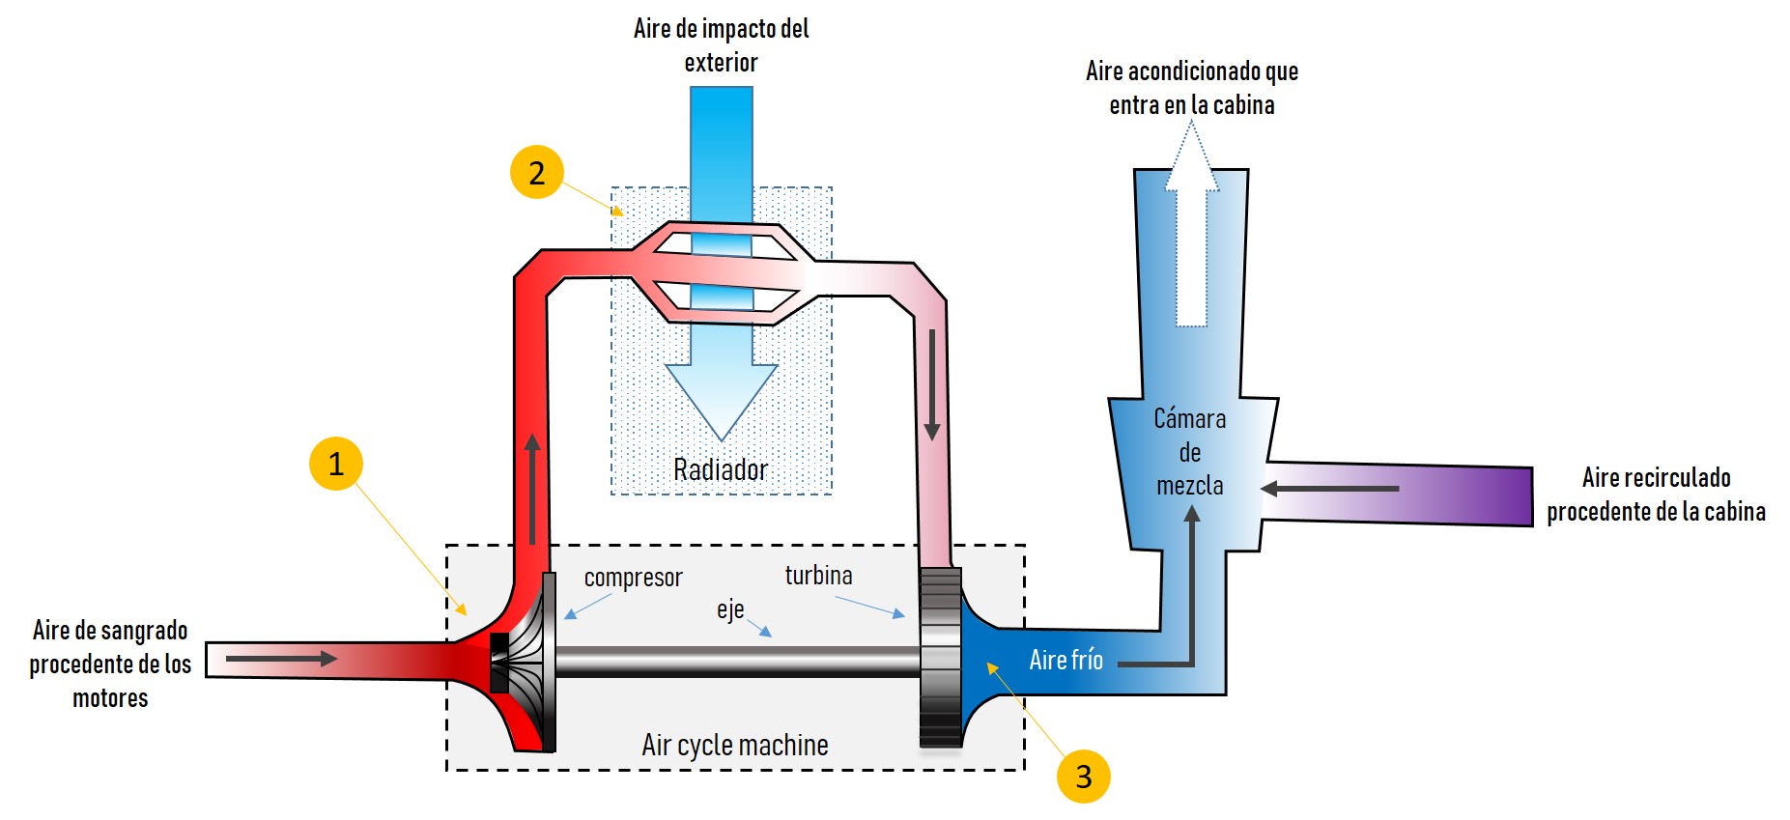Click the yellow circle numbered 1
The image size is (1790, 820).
(x=336, y=464)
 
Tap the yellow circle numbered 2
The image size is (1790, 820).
(x=537, y=172)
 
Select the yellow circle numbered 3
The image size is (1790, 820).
(x=1084, y=776)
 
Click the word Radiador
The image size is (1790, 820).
(x=721, y=470)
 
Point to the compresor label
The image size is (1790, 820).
(x=633, y=578)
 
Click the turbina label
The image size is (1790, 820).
(x=819, y=576)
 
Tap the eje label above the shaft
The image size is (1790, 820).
(x=730, y=609)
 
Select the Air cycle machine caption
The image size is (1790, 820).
(x=735, y=745)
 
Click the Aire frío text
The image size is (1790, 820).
(x=1065, y=660)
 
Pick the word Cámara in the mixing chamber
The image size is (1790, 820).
(x=1190, y=418)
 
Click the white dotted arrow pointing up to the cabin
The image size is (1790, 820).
(x=1192, y=224)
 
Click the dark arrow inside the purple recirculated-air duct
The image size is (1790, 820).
(x=1329, y=489)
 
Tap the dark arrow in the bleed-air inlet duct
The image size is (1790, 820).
(x=282, y=659)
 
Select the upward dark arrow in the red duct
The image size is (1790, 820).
(x=531, y=489)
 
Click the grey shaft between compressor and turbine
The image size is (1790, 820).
(x=737, y=662)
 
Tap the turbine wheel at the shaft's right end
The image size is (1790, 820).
(x=941, y=658)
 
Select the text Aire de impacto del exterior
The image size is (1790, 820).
(x=722, y=45)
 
